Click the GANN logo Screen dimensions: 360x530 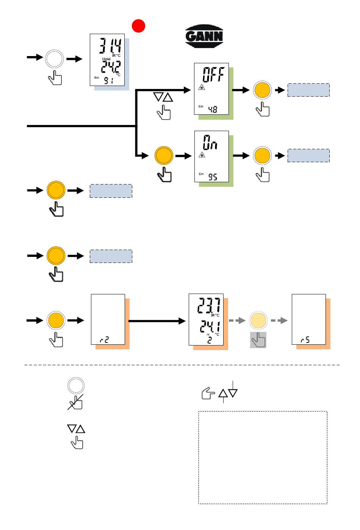(x=204, y=36)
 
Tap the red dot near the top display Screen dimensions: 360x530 (x=138, y=26)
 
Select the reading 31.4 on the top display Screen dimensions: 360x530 (x=110, y=45)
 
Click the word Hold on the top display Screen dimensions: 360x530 (x=106, y=59)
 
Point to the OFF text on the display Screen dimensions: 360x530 (x=213, y=74)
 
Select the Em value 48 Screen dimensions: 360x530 (x=213, y=109)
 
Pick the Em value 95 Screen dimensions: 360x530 (x=213, y=177)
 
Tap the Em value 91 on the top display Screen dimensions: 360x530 (x=109, y=81)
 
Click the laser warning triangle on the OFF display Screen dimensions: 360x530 (x=202, y=87)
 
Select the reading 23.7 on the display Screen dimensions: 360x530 (x=209, y=305)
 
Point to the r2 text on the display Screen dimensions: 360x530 (x=104, y=340)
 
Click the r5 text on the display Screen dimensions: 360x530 (x=305, y=340)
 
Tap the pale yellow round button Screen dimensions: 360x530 (x=258, y=321)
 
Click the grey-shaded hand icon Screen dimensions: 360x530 (x=258, y=340)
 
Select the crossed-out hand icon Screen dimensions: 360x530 (x=75, y=402)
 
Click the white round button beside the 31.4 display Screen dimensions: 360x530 (x=54, y=59)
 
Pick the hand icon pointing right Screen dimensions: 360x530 (x=208, y=393)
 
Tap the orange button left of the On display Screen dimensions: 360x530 (x=164, y=155)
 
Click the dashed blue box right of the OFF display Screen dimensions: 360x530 (x=308, y=90)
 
